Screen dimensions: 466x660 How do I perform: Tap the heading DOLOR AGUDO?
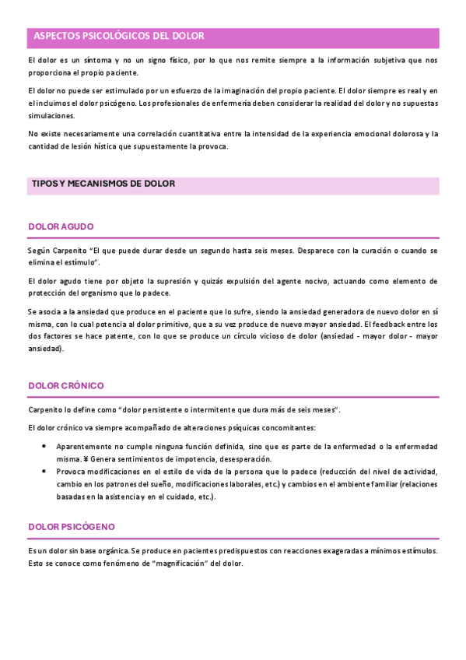click(x=61, y=226)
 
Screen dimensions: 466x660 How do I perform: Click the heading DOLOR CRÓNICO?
click(x=65, y=385)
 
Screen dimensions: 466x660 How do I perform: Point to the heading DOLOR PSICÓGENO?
click(x=71, y=527)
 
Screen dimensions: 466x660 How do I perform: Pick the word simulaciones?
click(x=51, y=116)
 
